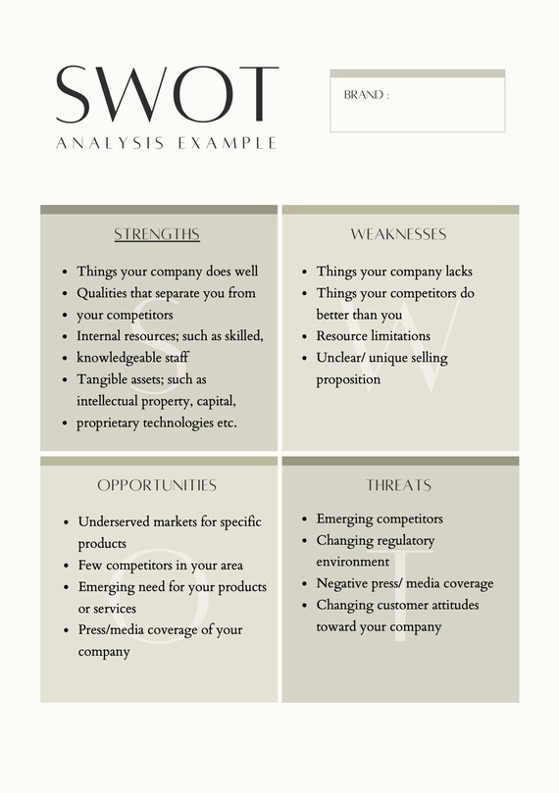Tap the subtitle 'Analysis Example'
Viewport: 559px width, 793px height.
167,143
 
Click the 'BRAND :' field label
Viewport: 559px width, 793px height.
366,96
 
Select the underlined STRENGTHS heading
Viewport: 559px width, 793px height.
157,234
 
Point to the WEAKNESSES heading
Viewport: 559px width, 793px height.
398,234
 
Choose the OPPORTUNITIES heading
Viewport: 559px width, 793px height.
157,485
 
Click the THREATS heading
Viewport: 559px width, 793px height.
398,485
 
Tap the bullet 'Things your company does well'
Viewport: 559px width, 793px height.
167,272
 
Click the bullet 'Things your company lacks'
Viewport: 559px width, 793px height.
394,272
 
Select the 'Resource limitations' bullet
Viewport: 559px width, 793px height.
373,336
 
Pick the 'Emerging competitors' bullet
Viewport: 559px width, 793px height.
380,519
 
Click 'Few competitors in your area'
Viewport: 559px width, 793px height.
161,566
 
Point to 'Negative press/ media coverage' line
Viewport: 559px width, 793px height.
404,583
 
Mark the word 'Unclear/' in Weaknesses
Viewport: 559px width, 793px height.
343,358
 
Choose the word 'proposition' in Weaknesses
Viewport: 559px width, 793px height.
348,379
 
